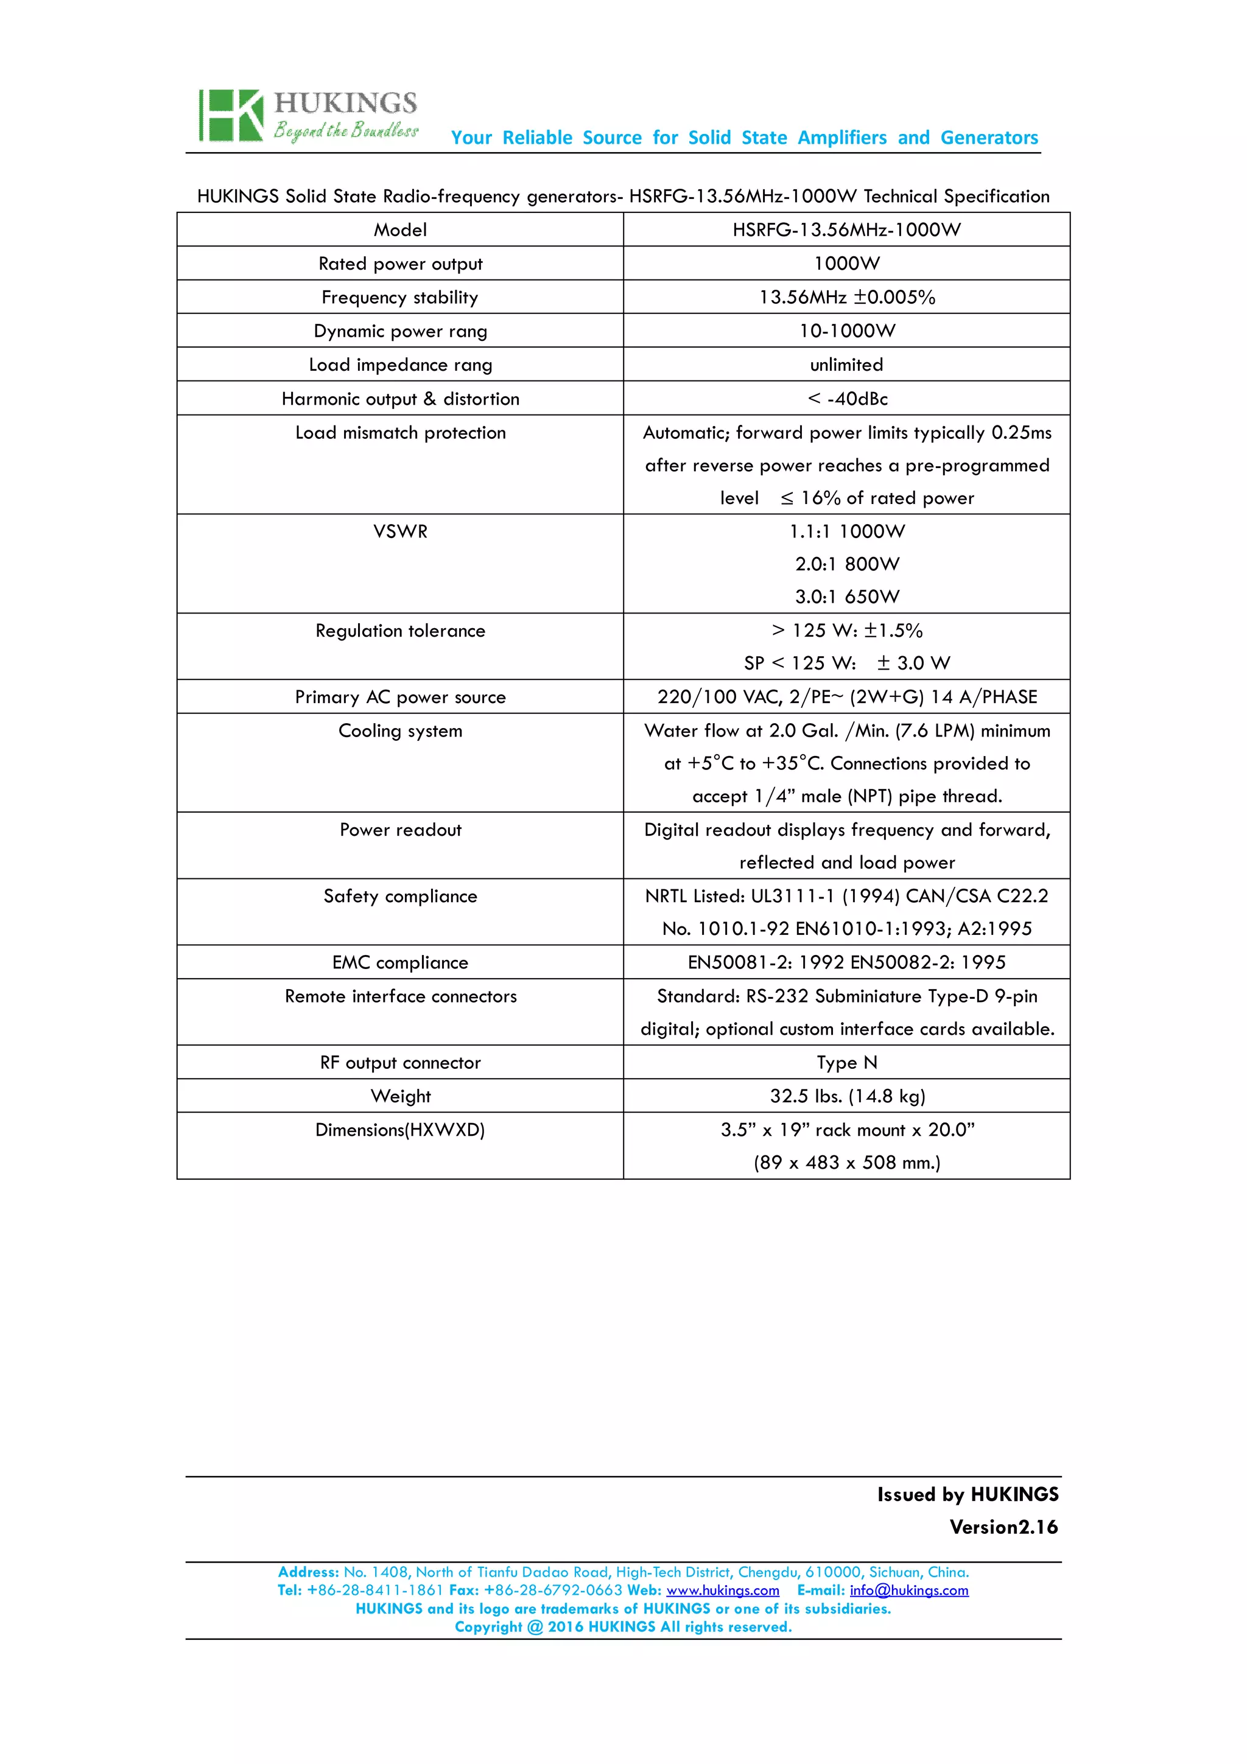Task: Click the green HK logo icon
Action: [x=231, y=116]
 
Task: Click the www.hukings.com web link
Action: [x=722, y=1591]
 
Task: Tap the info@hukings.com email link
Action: [x=908, y=1591]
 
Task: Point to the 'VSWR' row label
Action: [x=400, y=531]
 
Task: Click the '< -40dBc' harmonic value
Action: [x=847, y=399]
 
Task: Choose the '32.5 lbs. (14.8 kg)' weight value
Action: [x=847, y=1096]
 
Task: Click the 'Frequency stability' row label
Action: [x=399, y=297]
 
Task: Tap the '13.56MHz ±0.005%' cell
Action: [x=847, y=297]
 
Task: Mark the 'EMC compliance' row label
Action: [x=399, y=963]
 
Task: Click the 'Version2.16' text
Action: [x=1003, y=1527]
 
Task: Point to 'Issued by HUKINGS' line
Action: [x=968, y=1494]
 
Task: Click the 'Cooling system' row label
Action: [x=400, y=730]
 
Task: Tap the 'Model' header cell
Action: [x=399, y=229]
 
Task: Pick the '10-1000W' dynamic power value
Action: [x=847, y=331]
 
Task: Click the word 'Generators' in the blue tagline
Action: [x=989, y=138]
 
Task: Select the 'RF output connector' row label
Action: [x=400, y=1063]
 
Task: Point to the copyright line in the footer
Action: [x=623, y=1626]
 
